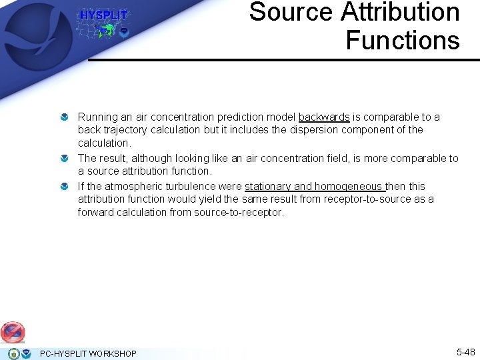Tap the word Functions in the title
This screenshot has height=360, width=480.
coord(403,40)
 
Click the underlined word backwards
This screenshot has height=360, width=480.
coord(324,117)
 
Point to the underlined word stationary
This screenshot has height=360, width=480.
coord(268,187)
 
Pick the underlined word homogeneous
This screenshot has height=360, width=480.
coord(348,187)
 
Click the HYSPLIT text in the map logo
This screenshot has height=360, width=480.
coord(103,15)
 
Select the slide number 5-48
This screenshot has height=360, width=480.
coord(465,351)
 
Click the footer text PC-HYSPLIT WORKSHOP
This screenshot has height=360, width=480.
coord(88,353)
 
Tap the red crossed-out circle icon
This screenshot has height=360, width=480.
coord(12,331)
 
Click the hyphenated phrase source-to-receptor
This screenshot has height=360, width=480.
coord(239,213)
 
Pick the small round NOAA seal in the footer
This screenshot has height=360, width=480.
coord(25,353)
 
